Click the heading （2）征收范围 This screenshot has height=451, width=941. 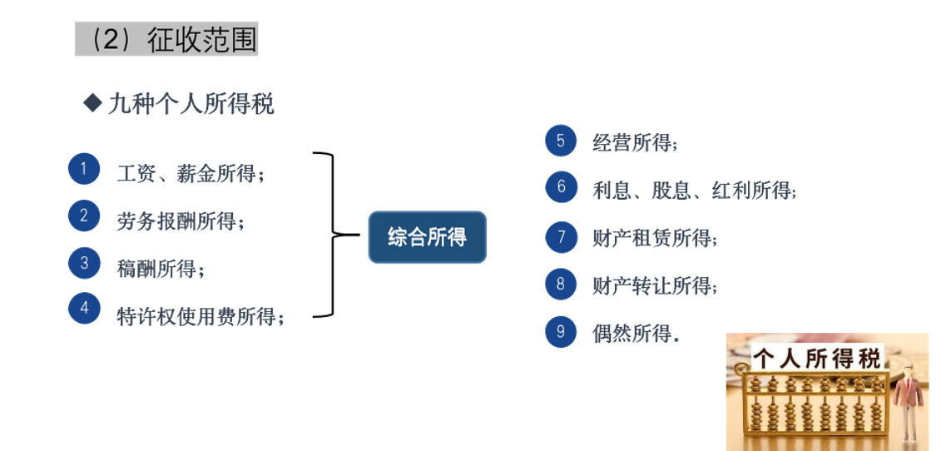(166, 39)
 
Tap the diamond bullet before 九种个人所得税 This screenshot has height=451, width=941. (92, 104)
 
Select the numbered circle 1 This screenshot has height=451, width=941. (83, 169)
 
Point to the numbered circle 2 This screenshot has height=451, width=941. (83, 216)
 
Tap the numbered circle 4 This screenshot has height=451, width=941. (83, 308)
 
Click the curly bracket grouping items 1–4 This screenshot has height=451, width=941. (333, 234)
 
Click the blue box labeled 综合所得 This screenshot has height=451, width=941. (428, 236)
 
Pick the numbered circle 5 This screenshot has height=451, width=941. (561, 141)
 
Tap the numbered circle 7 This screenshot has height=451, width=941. (561, 236)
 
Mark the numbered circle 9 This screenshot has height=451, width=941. (561, 331)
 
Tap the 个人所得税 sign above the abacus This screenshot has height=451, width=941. (817, 359)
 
